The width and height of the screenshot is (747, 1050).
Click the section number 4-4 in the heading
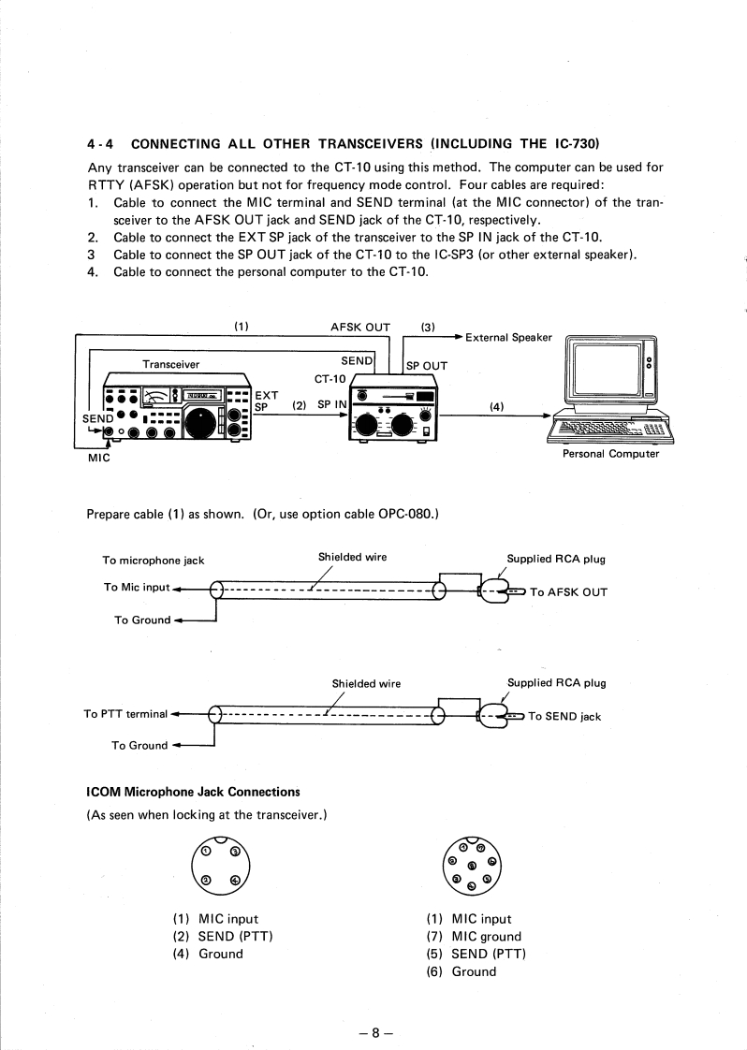click(100, 144)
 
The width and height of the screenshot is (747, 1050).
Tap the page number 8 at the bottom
click(373, 1033)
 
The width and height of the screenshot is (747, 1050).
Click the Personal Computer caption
click(610, 454)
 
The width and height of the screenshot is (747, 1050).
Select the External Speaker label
click(508, 337)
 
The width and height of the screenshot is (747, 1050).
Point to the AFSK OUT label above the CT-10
click(360, 328)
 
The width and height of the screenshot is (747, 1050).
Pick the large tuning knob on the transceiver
click(203, 423)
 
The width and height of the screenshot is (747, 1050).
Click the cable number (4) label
click(496, 406)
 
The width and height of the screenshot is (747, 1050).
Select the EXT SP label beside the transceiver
click(266, 401)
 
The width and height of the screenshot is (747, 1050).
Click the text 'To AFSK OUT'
click(568, 592)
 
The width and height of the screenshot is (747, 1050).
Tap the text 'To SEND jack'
click(564, 717)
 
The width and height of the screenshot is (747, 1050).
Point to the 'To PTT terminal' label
click(125, 714)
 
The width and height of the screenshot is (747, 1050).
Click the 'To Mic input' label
click(137, 587)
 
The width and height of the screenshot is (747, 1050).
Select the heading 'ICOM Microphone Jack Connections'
click(193, 792)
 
